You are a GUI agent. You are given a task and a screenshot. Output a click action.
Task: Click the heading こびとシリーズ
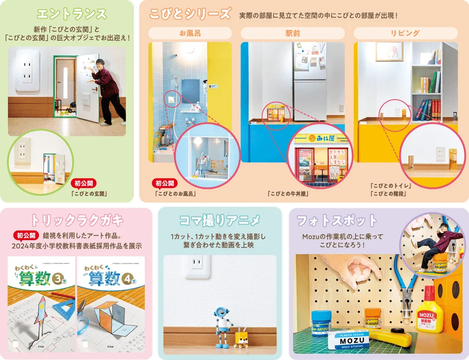pos(190,14)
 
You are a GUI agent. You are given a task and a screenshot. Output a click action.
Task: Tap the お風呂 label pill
pos(190,33)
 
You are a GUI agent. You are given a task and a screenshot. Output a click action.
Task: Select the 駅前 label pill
pos(292,33)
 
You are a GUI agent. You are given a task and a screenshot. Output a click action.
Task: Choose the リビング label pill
pos(405,33)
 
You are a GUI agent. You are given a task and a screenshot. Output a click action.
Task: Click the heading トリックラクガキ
pos(77,220)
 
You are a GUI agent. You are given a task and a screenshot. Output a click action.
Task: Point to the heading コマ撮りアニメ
pos(220,220)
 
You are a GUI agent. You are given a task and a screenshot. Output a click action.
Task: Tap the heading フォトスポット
pos(337,220)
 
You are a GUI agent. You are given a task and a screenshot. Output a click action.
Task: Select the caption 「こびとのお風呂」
pos(175,193)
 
